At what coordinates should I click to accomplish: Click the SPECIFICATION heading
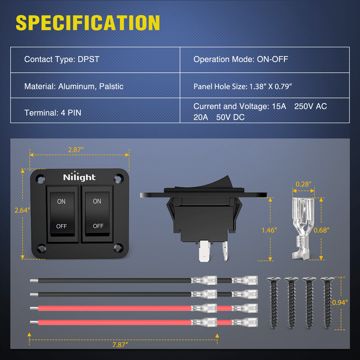[x=88, y=23]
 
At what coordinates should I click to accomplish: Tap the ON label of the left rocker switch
[x=62, y=202]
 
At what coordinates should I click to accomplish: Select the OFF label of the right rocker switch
[x=98, y=226]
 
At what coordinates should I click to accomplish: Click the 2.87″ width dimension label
[x=75, y=150]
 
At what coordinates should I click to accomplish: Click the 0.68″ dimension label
[x=321, y=230]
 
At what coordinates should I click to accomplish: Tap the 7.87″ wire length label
[x=120, y=345]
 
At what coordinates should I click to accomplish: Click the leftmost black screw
[x=274, y=302]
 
